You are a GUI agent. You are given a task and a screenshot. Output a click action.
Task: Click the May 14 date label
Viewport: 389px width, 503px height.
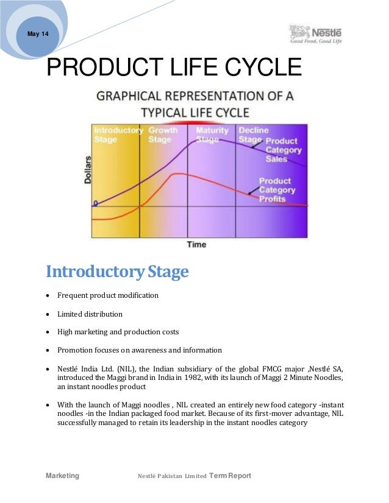[x=38, y=33]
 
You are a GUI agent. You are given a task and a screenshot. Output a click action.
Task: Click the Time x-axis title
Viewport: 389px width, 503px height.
[x=196, y=244]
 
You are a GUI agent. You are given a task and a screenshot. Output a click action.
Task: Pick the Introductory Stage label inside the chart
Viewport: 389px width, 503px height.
[x=117, y=135]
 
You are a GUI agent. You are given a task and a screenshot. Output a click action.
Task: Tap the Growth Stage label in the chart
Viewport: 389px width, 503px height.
[x=163, y=135]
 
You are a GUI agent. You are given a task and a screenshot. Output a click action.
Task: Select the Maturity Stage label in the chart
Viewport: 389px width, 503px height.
[x=212, y=135]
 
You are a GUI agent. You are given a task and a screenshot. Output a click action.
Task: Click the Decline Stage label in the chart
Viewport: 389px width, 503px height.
[x=249, y=135]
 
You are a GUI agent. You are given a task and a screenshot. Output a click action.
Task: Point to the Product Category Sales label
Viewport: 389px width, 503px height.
[x=283, y=150]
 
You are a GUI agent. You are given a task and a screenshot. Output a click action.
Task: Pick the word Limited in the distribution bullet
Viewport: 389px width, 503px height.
[x=70, y=314]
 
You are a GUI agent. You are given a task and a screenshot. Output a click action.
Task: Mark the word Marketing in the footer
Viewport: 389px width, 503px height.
[x=63, y=476]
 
